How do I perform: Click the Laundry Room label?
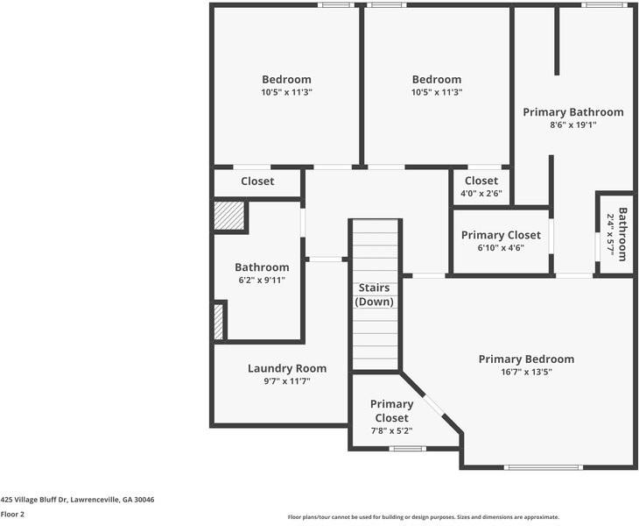[287, 368]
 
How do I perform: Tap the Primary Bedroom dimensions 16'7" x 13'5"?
[527, 372]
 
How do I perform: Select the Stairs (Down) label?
[374, 295]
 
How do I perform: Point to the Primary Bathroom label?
[573, 112]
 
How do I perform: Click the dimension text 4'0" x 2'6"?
[481, 194]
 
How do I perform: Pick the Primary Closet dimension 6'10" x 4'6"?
[501, 248]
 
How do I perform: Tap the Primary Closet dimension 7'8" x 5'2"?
[391, 430]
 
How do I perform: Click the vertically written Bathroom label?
[622, 234]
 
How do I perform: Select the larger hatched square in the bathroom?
[229, 216]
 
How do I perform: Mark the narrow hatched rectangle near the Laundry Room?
[219, 322]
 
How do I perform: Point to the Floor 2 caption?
[12, 515]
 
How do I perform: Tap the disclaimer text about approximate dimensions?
[424, 517]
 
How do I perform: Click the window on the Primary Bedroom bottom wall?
[544, 467]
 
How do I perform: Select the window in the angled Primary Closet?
[408, 449]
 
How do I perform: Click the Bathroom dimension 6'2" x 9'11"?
[262, 281]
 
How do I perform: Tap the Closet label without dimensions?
[257, 181]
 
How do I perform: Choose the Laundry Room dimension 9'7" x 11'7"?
[287, 381]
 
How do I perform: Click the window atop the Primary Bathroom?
[604, 5]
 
